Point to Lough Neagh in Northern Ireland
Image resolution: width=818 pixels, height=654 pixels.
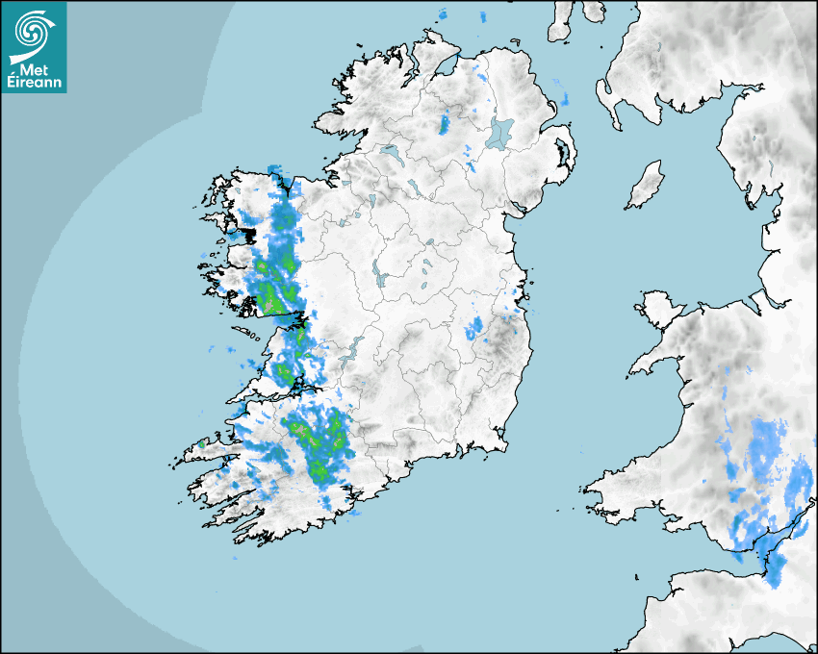(x=499, y=132)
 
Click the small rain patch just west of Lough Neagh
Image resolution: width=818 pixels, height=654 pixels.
(x=445, y=123)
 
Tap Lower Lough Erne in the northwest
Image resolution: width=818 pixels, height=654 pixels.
(x=389, y=152)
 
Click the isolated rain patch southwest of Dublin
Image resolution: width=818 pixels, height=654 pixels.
(x=473, y=330)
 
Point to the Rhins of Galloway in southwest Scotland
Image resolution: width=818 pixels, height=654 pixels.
(x=604, y=96)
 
